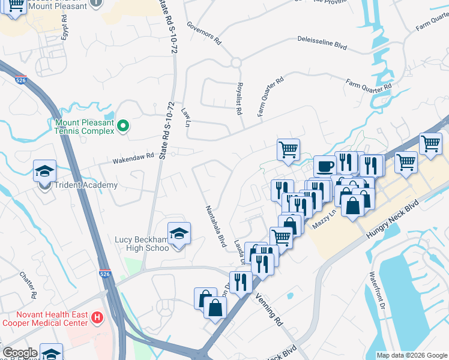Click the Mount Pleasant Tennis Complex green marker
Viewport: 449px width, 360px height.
(x=123, y=126)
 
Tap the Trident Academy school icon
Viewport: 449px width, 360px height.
(x=45, y=172)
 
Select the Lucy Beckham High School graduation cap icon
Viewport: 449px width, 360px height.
(x=179, y=234)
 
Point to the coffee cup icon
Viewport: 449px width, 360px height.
(x=325, y=167)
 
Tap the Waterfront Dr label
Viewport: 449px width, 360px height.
(x=377, y=291)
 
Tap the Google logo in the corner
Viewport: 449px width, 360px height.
(x=20, y=353)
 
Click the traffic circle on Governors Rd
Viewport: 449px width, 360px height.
(x=235, y=62)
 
